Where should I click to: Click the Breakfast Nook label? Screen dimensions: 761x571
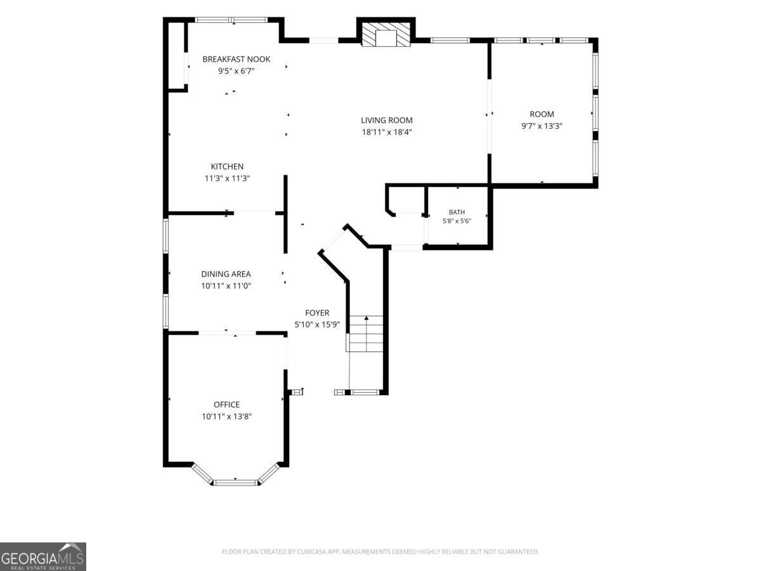[x=236, y=59]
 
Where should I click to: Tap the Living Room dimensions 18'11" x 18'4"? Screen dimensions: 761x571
[x=387, y=132]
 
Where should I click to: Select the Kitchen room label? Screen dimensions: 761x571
[x=227, y=166]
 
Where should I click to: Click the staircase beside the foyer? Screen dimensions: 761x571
[x=365, y=334]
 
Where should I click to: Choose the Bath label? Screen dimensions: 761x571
[x=457, y=212]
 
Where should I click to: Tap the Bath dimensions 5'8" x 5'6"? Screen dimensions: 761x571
[x=457, y=221]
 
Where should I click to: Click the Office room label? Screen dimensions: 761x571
[x=226, y=405]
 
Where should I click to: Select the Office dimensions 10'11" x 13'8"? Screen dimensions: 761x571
[x=226, y=416]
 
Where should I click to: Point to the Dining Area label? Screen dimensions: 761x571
[x=226, y=274]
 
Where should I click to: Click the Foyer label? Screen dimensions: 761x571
[x=317, y=313]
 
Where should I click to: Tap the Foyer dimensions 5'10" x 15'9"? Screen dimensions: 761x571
[x=317, y=325]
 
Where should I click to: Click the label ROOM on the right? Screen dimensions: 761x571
[x=542, y=114]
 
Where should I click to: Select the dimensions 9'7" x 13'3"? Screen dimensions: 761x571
[x=542, y=126]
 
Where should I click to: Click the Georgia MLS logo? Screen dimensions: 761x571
[x=43, y=556]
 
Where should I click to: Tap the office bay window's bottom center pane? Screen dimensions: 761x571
[x=235, y=482]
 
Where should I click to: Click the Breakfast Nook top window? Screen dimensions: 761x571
[x=231, y=20]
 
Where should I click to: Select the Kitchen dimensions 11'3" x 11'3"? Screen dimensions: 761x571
[x=227, y=178]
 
